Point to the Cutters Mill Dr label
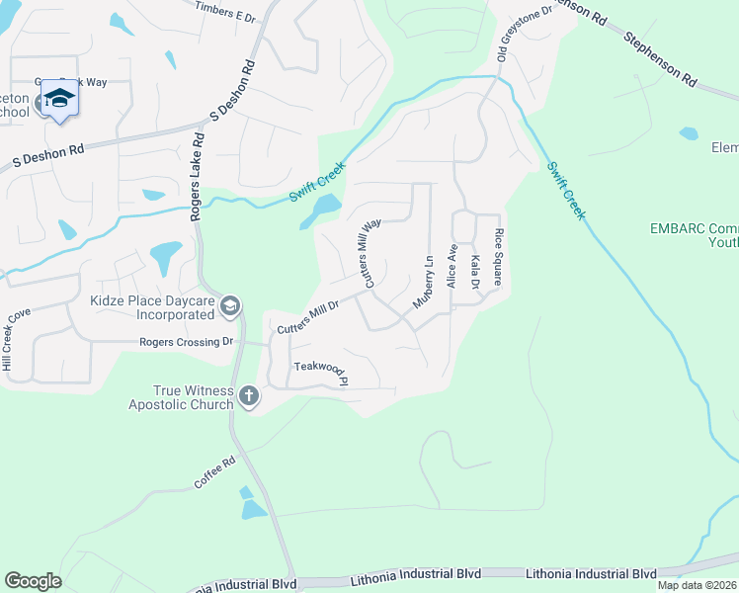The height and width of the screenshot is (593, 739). (308, 316)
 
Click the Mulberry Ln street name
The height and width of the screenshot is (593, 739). (423, 283)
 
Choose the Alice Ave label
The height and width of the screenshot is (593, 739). (452, 266)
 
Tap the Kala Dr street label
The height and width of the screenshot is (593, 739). (475, 271)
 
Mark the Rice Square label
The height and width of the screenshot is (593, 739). (500, 257)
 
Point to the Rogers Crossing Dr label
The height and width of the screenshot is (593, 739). (186, 342)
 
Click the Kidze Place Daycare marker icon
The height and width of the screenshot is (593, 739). (230, 306)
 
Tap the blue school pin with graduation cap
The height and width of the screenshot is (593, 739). (59, 100)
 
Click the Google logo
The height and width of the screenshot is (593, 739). (33, 580)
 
